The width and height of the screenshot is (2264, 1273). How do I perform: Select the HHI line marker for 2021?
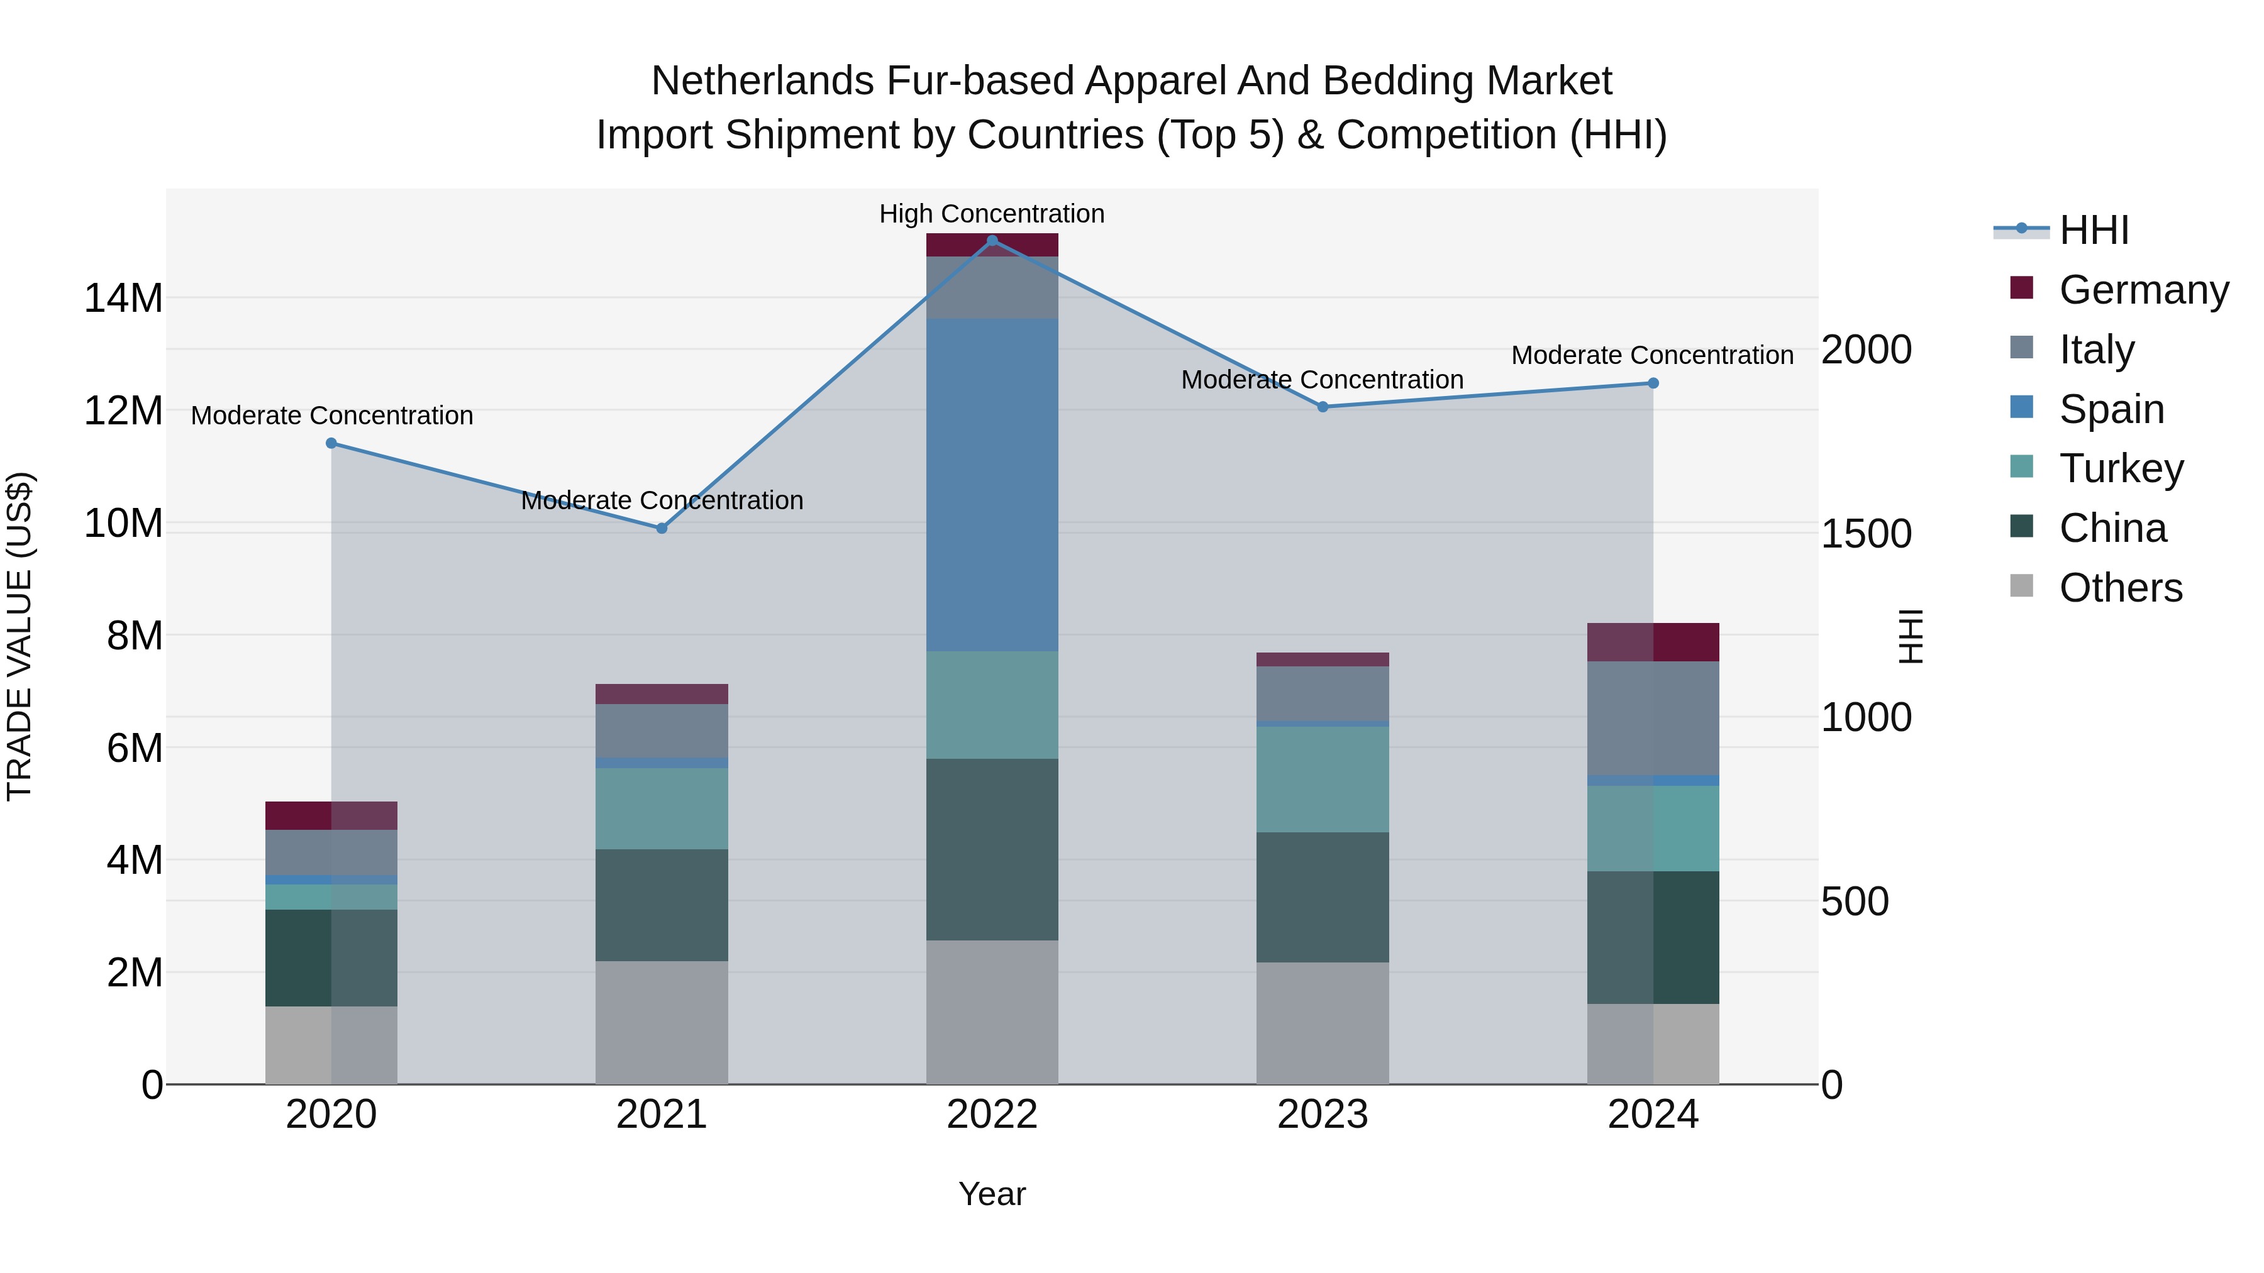(x=662, y=528)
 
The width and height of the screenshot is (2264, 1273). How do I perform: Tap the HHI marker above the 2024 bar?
(x=1652, y=383)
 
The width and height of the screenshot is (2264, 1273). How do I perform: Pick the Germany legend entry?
(x=2143, y=290)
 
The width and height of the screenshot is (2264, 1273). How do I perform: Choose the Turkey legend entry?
(x=2121, y=468)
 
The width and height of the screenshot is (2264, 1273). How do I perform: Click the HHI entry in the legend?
(x=2094, y=230)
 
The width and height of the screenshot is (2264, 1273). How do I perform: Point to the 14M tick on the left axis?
(x=123, y=298)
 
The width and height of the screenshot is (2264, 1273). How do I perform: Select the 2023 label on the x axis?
(x=1322, y=1115)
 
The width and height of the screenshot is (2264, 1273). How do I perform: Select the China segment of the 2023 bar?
(x=1322, y=897)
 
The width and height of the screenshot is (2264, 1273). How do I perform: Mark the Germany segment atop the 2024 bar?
(x=1652, y=642)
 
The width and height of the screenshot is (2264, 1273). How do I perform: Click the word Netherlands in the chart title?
(x=762, y=81)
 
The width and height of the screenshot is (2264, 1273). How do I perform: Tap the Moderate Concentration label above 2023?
(x=1322, y=380)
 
